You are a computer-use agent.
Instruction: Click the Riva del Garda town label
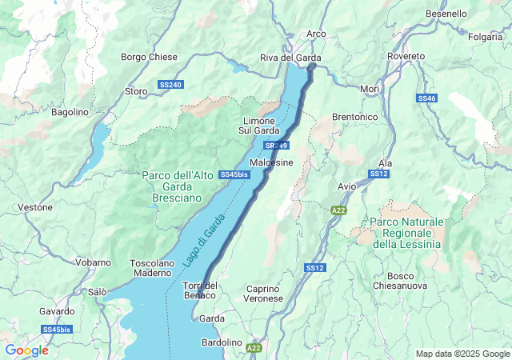click(x=290, y=58)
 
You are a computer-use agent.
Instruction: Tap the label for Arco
click(x=316, y=34)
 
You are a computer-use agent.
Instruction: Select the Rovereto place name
click(x=407, y=56)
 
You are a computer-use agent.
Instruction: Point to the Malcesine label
click(x=271, y=162)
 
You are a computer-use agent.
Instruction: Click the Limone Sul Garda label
click(x=258, y=126)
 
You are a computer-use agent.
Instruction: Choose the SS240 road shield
click(x=170, y=84)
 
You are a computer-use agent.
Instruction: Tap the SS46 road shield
click(x=426, y=98)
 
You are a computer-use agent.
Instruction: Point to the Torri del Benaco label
click(x=200, y=291)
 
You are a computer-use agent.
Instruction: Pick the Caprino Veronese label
click(x=264, y=293)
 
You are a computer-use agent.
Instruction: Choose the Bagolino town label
click(x=70, y=113)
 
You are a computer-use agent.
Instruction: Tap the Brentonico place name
click(x=354, y=117)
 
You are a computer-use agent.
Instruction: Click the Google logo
click(x=26, y=350)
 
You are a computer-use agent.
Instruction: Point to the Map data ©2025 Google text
click(x=462, y=354)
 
